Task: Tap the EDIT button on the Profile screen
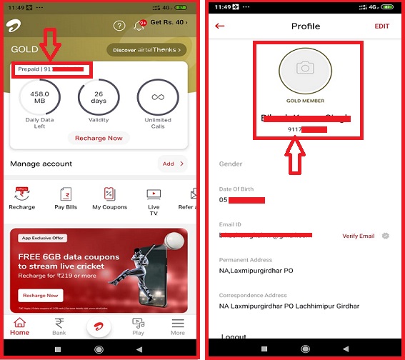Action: [x=382, y=26]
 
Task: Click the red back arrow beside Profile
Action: [x=220, y=26]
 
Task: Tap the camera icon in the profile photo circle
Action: [x=305, y=68]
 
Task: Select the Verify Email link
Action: [x=359, y=236]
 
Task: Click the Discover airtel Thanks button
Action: [x=146, y=50]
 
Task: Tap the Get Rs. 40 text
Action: [x=170, y=23]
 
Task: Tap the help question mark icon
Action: [x=119, y=26]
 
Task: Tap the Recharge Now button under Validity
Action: [x=98, y=137]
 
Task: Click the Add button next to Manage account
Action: [x=173, y=164]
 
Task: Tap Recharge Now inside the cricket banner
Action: [x=41, y=295]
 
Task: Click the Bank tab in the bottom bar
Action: [x=59, y=326]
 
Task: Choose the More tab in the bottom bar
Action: [x=178, y=326]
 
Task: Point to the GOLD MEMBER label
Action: [x=305, y=101]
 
